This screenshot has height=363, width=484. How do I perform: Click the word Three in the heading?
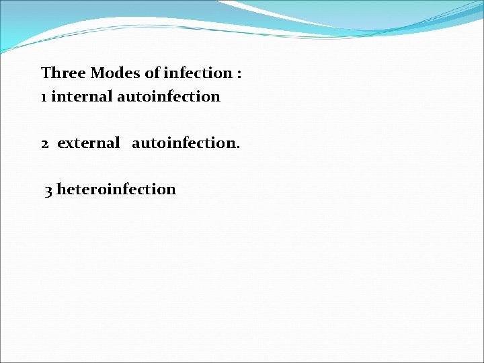[x=63, y=73]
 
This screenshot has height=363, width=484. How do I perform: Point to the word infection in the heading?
[x=197, y=73]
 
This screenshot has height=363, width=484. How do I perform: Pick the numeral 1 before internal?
[x=44, y=97]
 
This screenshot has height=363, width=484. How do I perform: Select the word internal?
[x=82, y=96]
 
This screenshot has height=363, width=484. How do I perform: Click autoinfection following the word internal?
[x=169, y=96]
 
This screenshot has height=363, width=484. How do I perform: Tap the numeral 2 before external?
[x=45, y=143]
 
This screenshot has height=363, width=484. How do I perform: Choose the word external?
[x=89, y=143]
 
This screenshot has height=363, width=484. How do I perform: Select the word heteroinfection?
[x=116, y=189]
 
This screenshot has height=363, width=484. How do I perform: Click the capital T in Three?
[x=46, y=73]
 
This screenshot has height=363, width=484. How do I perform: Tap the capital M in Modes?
[x=97, y=73]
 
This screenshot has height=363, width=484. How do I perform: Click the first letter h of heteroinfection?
[x=61, y=189]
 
